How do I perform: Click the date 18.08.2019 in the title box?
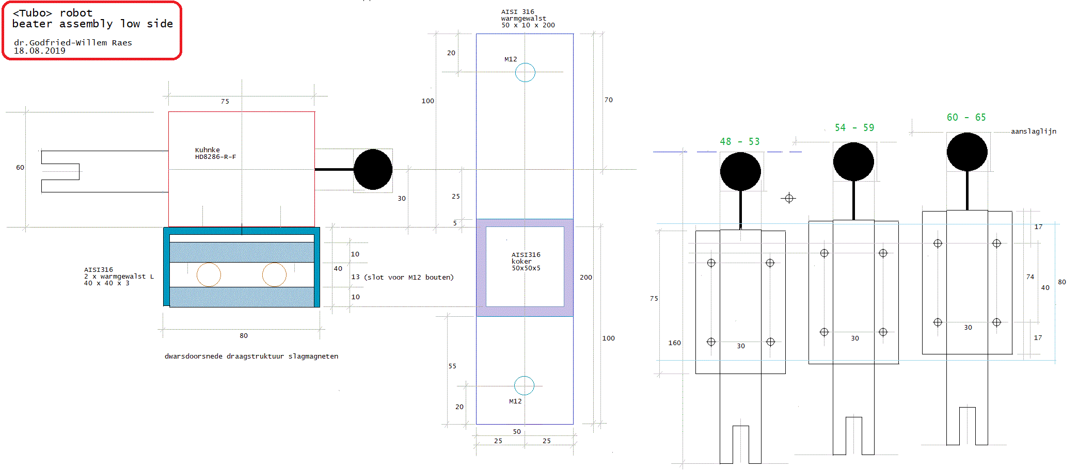pyautogui.click(x=39, y=51)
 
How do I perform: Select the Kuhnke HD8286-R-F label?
pyautogui.click(x=215, y=153)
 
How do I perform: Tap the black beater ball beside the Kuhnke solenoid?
pyautogui.click(x=373, y=169)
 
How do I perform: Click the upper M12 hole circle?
pyautogui.click(x=525, y=72)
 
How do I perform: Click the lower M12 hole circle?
pyautogui.click(x=524, y=385)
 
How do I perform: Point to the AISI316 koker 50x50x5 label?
pyautogui.click(x=526, y=261)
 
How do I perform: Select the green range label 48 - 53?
pyautogui.click(x=739, y=141)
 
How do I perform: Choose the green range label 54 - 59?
pyautogui.click(x=854, y=127)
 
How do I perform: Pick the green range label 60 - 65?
pyautogui.click(x=966, y=117)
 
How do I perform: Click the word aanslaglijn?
pyautogui.click(x=1033, y=131)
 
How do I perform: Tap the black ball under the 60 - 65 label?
pyautogui.click(x=966, y=152)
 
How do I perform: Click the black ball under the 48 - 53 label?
pyautogui.click(x=740, y=171)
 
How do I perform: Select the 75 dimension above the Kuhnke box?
pyautogui.click(x=225, y=101)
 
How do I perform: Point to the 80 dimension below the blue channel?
pyautogui.click(x=243, y=335)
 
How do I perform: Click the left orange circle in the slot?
pyautogui.click(x=209, y=274)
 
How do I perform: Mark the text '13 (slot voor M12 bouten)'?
pyautogui.click(x=402, y=277)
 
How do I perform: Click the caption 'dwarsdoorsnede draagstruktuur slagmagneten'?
pyautogui.click(x=251, y=356)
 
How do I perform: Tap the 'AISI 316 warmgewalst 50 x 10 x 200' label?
pyautogui.click(x=528, y=19)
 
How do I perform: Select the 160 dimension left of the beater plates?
pyautogui.click(x=674, y=343)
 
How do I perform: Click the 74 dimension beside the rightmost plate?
pyautogui.click(x=1030, y=277)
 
